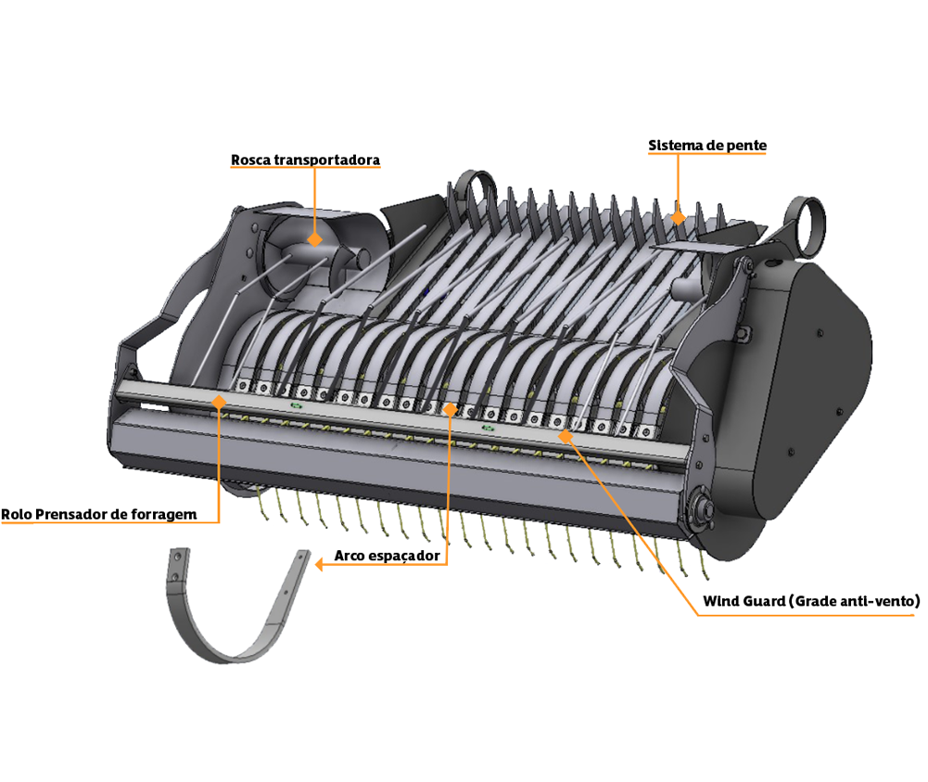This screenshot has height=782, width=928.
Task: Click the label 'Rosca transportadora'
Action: [305, 160]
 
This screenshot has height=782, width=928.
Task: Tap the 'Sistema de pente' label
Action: [707, 146]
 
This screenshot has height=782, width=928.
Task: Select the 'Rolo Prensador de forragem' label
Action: [99, 515]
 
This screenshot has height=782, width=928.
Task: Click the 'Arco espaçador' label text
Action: [388, 556]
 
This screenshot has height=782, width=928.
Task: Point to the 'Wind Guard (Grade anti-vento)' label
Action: [811, 601]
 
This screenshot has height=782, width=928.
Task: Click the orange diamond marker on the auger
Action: [315, 239]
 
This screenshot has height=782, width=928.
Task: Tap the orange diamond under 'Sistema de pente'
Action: [679, 218]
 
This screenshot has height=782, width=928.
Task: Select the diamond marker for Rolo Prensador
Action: [220, 403]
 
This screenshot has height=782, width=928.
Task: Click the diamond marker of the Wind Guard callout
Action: [566, 437]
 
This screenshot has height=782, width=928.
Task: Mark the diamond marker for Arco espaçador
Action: [451, 409]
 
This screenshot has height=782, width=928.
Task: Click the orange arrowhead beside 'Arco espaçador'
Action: [319, 564]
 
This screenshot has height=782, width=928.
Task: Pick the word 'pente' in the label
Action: [747, 147]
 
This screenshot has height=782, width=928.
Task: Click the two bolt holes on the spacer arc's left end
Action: [176, 565]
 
